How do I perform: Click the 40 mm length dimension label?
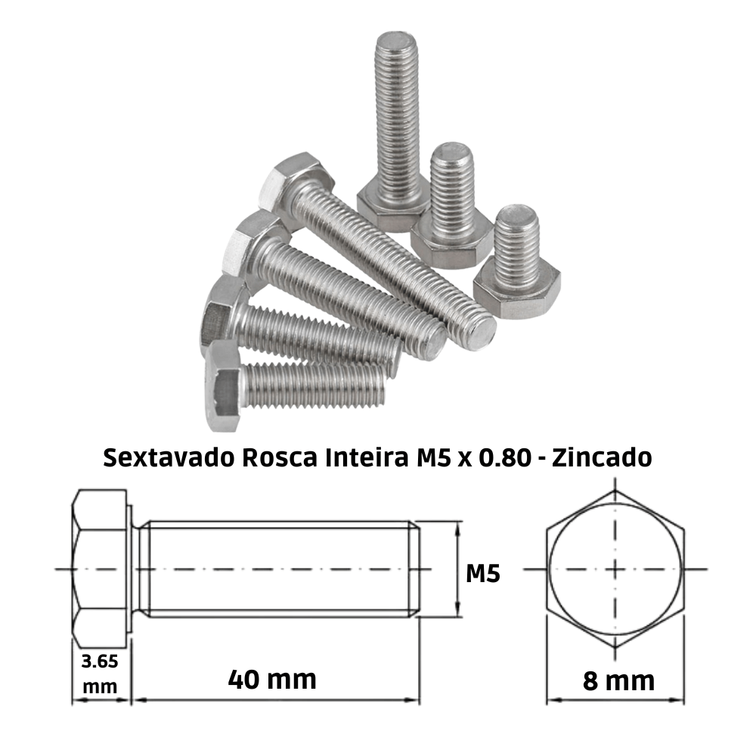point(272,679)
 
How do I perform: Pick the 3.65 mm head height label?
point(99,673)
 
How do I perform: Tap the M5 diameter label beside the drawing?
point(482,573)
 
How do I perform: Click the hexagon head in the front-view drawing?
point(616,569)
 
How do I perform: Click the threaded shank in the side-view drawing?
point(280,569)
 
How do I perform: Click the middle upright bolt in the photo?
point(451,200)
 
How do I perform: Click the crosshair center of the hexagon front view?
point(616,569)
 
